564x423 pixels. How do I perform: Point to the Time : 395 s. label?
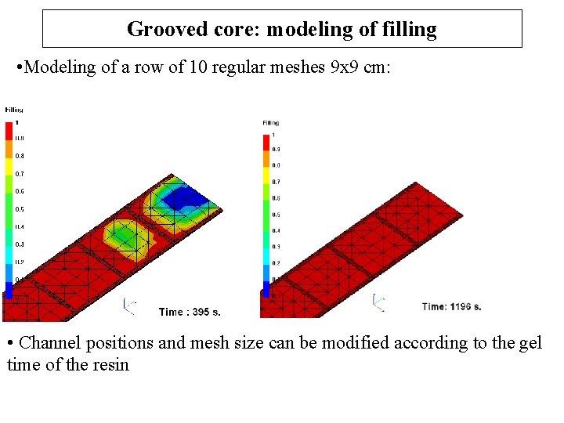(x=190, y=312)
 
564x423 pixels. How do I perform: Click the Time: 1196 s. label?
(x=451, y=306)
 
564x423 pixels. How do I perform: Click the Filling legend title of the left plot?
(x=14, y=110)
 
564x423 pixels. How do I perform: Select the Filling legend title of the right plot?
(x=271, y=123)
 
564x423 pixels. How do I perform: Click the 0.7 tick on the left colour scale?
(x=20, y=174)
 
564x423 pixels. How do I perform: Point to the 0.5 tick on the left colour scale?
(x=20, y=209)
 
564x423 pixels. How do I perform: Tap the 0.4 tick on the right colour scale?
(x=276, y=230)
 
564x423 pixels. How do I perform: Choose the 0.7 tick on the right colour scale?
(x=276, y=182)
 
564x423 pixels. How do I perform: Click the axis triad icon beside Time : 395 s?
(x=129, y=306)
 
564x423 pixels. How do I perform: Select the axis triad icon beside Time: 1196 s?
(x=379, y=302)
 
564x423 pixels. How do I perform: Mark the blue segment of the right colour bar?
(x=265, y=289)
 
